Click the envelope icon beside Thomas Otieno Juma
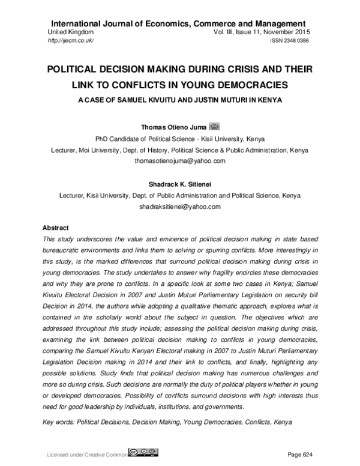point(215,127)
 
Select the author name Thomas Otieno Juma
point(173,127)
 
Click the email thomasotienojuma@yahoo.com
point(180,161)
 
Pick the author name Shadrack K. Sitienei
point(180,184)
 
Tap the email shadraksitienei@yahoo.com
point(180,206)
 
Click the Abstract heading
point(56,228)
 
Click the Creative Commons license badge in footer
point(145,452)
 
